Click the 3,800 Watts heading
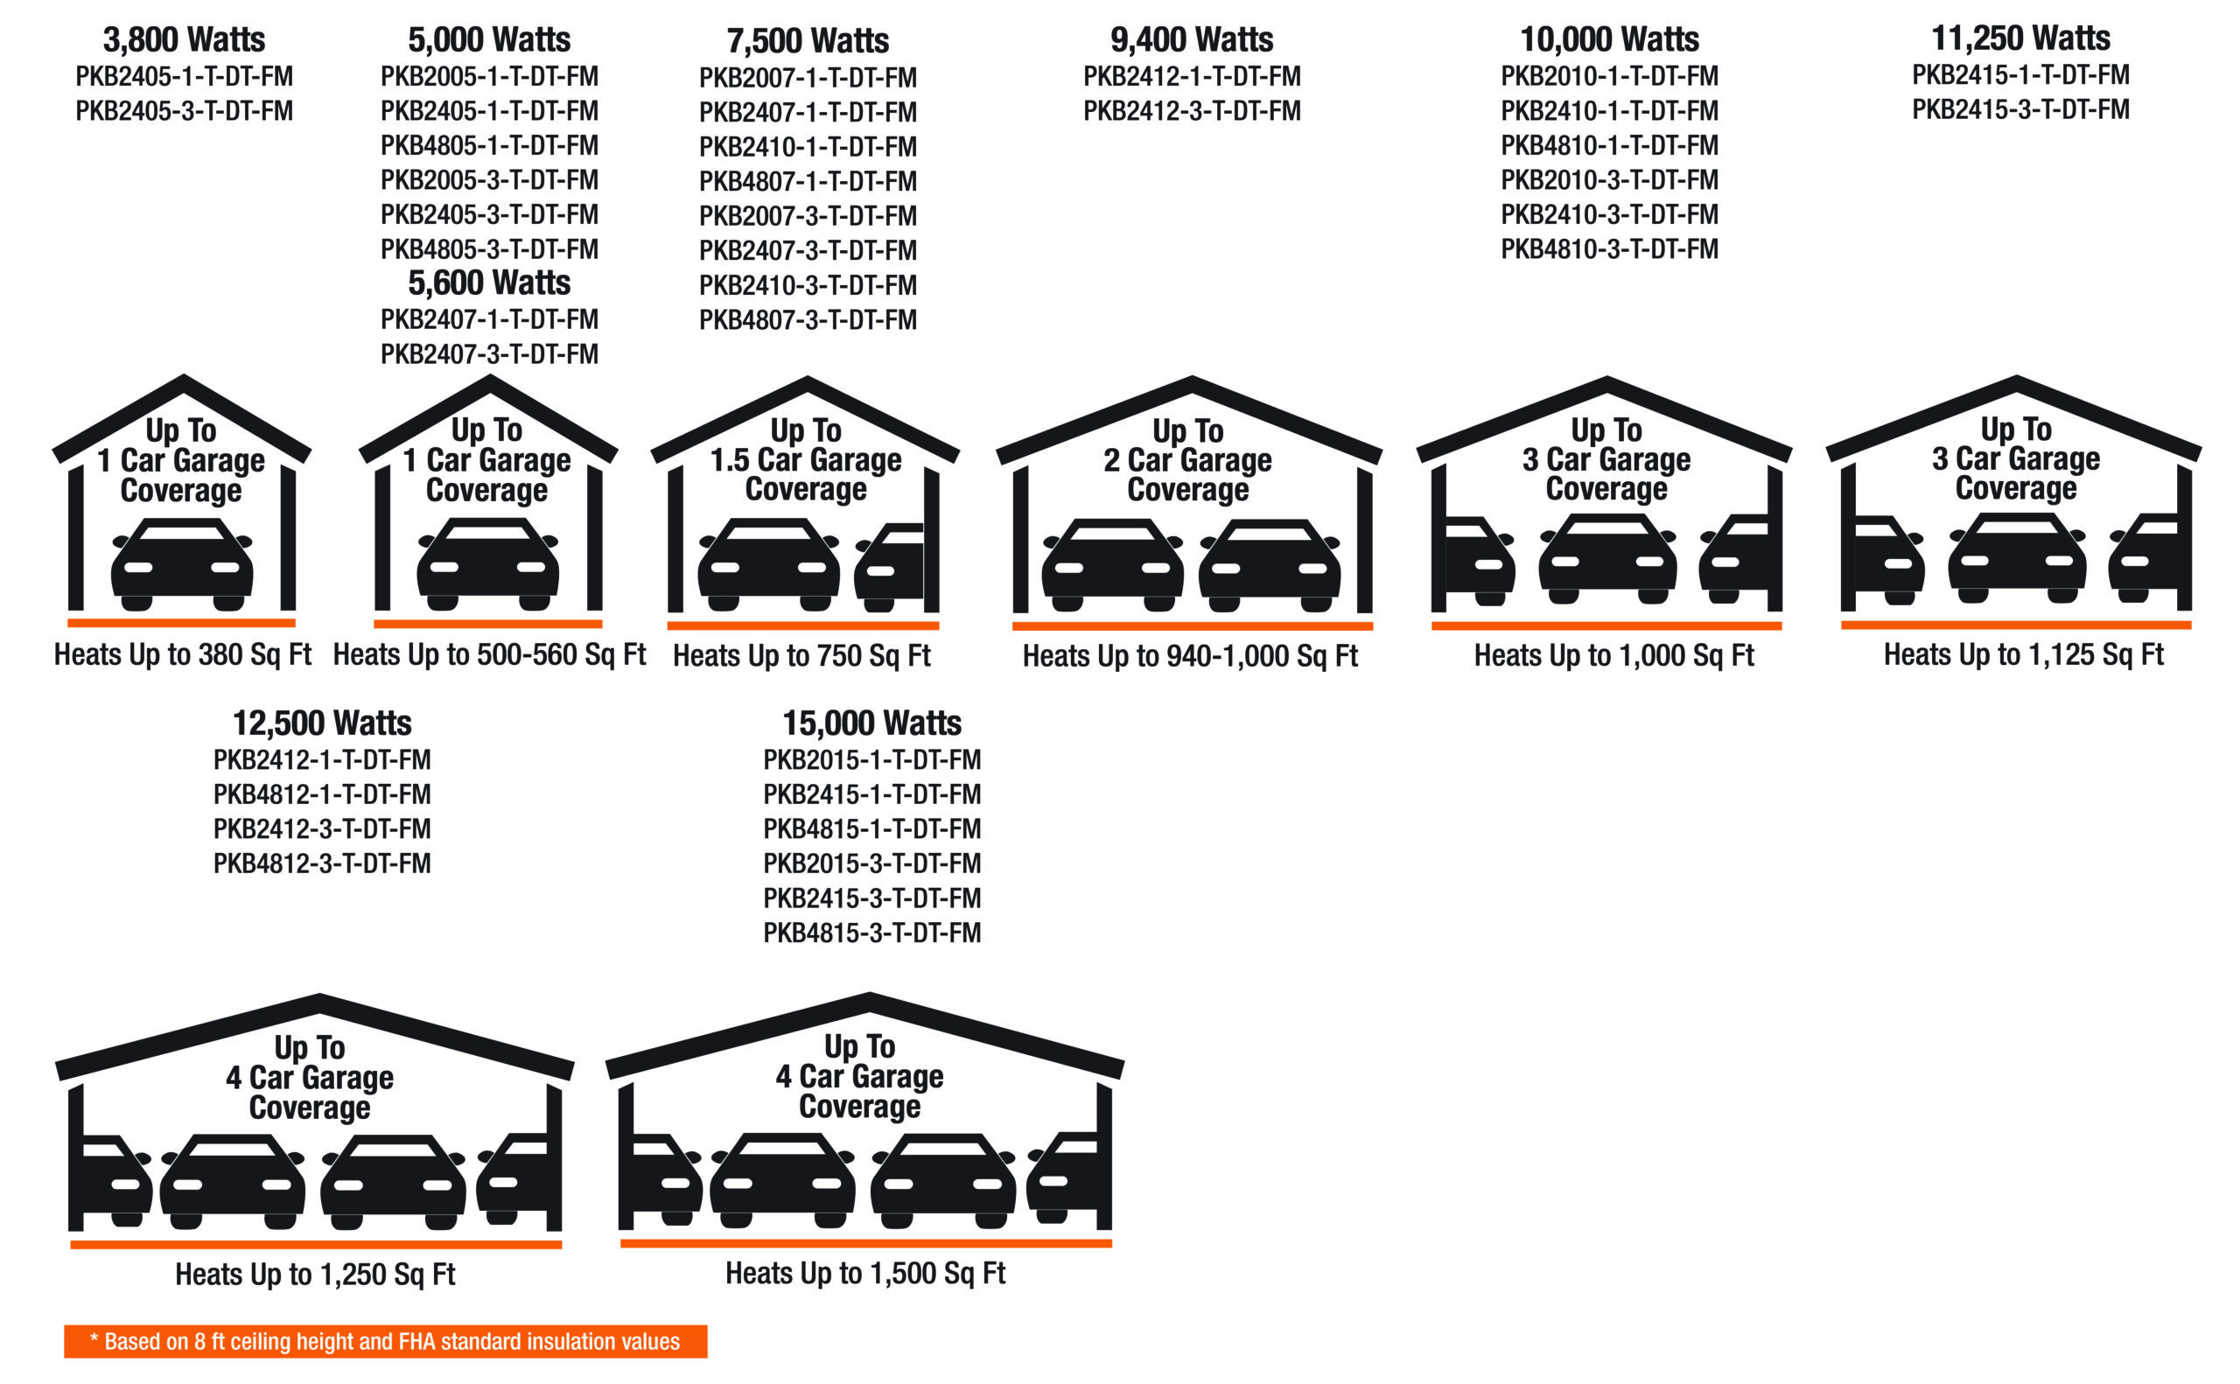[x=184, y=39]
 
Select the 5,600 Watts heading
[x=489, y=283]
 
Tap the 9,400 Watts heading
[x=1191, y=39]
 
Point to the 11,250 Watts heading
[x=2020, y=38]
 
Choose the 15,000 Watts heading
[x=871, y=723]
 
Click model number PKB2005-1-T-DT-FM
[x=489, y=76]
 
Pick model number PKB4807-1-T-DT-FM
[x=808, y=181]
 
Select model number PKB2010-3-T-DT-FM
[x=1608, y=179]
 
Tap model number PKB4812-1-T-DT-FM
[x=321, y=793]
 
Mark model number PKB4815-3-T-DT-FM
[x=871, y=933]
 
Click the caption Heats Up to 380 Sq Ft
[x=182, y=654]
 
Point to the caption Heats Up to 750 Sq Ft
[x=801, y=655]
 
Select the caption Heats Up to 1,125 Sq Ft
[x=2023, y=654]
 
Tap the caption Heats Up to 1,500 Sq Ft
[x=865, y=1272]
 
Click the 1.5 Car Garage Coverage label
[x=806, y=459]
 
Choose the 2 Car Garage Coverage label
[x=1187, y=460]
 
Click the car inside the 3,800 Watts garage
[x=181, y=564]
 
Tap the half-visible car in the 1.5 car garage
[x=889, y=568]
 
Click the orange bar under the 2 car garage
[x=1191, y=626]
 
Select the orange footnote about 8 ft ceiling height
[x=385, y=1341]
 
